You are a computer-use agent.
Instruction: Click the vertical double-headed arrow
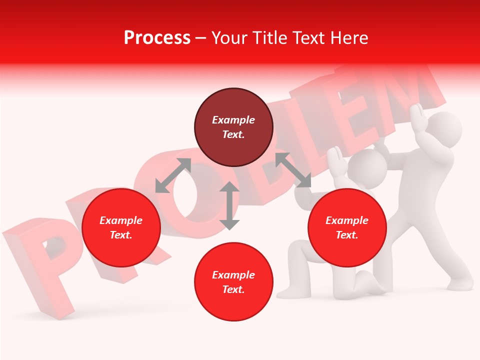tap(229, 205)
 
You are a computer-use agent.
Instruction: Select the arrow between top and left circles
tap(173, 175)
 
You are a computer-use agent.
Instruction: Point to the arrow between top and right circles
tap(293, 170)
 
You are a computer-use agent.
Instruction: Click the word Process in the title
tap(157, 37)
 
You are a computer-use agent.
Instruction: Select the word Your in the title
tap(229, 37)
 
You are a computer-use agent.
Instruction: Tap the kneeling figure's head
tap(367, 165)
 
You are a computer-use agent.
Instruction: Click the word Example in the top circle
tap(233, 120)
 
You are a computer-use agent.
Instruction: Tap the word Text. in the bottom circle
tap(233, 289)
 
